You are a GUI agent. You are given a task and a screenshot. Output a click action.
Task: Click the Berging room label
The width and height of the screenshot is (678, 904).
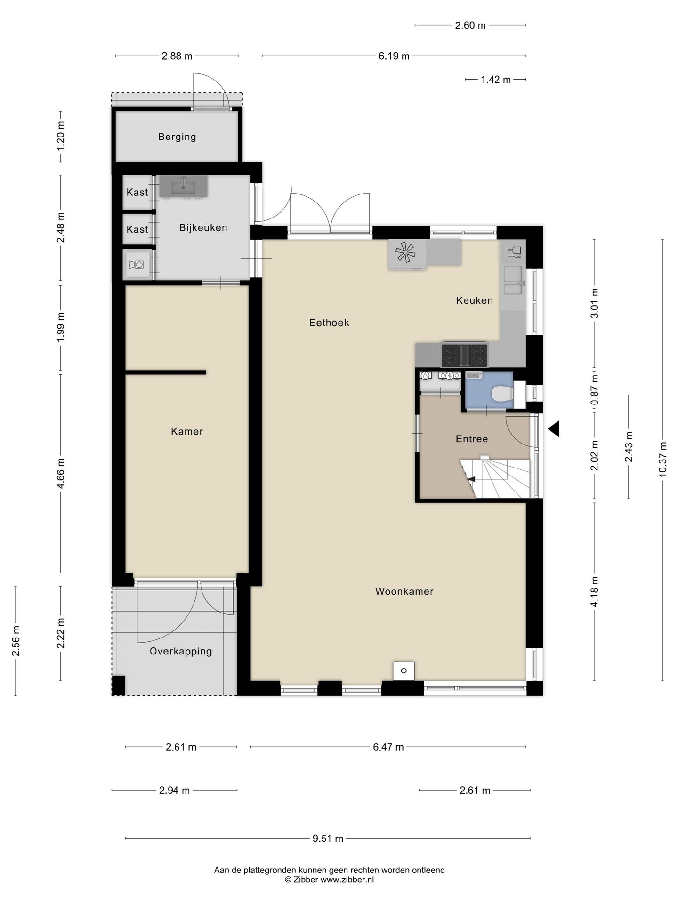coord(177,137)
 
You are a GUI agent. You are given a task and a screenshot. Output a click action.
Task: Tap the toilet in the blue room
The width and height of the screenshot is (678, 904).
coord(500,394)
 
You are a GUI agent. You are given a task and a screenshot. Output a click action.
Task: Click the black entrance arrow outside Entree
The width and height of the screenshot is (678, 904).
coord(554,428)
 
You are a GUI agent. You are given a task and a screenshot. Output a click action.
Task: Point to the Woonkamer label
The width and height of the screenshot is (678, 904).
coord(404,591)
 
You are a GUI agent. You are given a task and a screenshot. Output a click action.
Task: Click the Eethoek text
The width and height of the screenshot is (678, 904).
coord(329,323)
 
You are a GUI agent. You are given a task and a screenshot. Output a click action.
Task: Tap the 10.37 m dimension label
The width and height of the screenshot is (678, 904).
coord(663,459)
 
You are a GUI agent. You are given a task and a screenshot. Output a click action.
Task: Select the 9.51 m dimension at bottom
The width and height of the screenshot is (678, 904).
coord(328,839)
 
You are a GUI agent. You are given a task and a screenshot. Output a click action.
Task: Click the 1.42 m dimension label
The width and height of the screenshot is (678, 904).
coord(495,80)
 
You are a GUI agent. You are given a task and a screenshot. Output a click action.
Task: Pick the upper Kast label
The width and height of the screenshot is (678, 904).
coord(137,192)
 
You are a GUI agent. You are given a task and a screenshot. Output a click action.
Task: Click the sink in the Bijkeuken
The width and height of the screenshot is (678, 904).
coord(183,186)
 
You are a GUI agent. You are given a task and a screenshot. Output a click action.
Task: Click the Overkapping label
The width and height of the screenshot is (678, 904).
coord(181,651)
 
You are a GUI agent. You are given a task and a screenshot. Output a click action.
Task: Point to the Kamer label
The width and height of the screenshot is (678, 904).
coord(187,431)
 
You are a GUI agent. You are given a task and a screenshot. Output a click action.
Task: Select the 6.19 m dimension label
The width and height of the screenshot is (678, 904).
coord(394,56)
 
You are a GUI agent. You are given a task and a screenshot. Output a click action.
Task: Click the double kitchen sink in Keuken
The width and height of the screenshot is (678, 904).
coord(513,281)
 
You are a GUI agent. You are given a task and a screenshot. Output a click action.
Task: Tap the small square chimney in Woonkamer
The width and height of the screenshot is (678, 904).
coord(404,670)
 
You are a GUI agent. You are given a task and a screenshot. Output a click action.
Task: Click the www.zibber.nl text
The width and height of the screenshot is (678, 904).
coord(347,880)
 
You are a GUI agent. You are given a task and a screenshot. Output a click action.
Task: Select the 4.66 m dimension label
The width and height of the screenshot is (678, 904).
coord(61,473)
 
